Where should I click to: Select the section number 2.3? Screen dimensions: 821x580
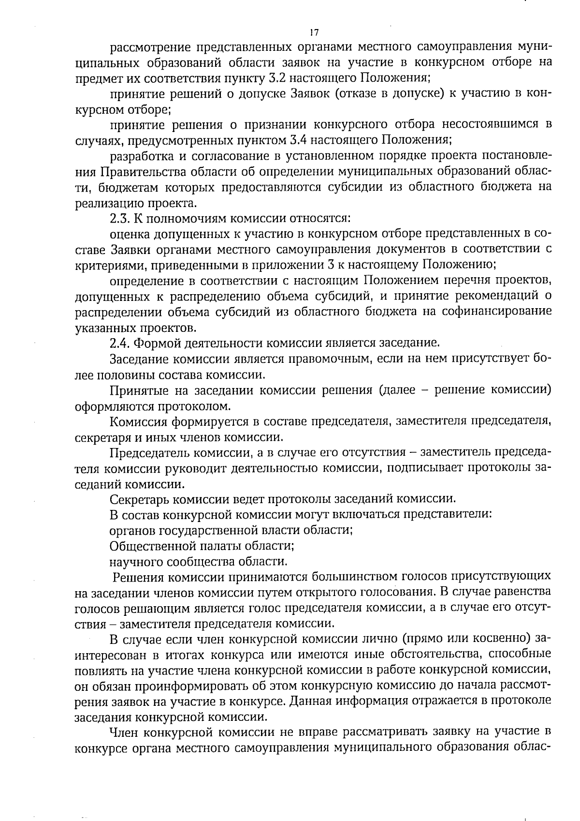119,218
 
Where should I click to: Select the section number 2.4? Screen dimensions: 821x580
119,343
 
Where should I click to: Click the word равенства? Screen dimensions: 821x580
524,592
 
